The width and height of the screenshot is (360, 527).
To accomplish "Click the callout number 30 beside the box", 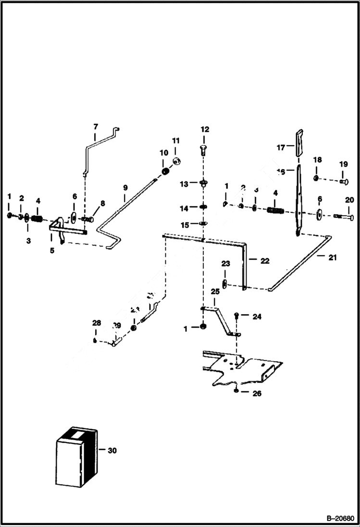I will [112, 451].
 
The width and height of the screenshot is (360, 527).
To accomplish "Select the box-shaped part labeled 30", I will [76, 456].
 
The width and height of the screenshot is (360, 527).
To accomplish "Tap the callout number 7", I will [95, 126].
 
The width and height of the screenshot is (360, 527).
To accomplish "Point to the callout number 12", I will [205, 129].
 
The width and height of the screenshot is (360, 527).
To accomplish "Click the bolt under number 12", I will [203, 149].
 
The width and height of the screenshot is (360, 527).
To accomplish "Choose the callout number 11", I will [175, 141].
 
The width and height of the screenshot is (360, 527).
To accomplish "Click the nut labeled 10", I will [165, 171].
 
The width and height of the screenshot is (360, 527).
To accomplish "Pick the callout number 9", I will [125, 187].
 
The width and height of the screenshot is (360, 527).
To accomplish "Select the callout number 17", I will [281, 147].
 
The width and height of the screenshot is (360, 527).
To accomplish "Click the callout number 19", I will [343, 164].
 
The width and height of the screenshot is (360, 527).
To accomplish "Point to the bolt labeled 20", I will [342, 217].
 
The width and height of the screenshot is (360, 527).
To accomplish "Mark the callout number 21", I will [333, 257].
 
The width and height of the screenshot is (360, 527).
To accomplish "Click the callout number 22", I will [264, 261].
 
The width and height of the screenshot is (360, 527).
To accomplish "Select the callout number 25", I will [215, 291].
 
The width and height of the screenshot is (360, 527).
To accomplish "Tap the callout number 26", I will [257, 393].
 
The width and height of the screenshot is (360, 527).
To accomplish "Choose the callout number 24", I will [257, 316].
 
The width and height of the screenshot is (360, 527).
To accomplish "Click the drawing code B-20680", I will [339, 519].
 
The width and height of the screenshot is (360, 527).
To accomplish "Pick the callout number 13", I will [184, 184].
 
